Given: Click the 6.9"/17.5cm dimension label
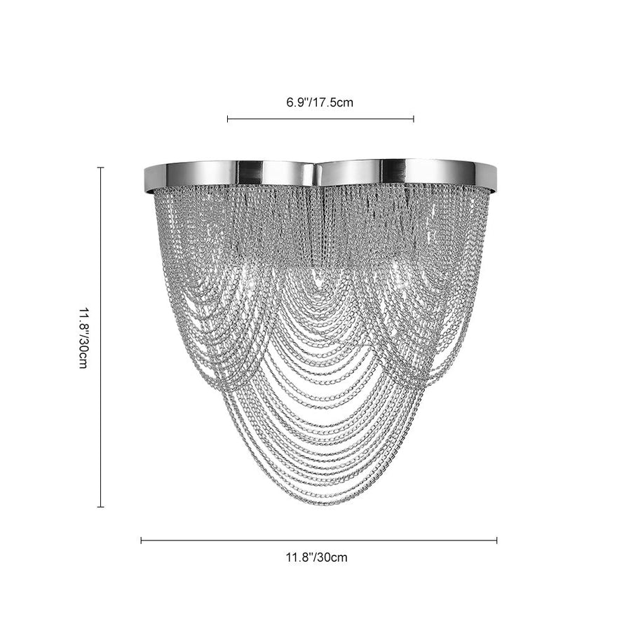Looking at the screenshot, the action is pyautogui.click(x=320, y=102).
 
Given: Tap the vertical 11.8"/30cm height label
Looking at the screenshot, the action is pyautogui.click(x=83, y=338).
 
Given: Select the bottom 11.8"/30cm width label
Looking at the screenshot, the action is pyautogui.click(x=317, y=557).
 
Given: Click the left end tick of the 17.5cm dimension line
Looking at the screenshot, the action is pyautogui.click(x=228, y=118).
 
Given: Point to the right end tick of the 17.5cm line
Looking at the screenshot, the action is pyautogui.click(x=414, y=118).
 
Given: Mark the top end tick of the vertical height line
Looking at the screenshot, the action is pyautogui.click(x=100, y=168).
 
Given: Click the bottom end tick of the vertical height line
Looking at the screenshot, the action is pyautogui.click(x=100, y=507).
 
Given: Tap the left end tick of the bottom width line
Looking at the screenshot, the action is pyautogui.click(x=141, y=541).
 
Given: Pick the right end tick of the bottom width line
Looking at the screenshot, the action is pyautogui.click(x=496, y=541).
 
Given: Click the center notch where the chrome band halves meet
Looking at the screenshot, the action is pyautogui.click(x=317, y=174).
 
